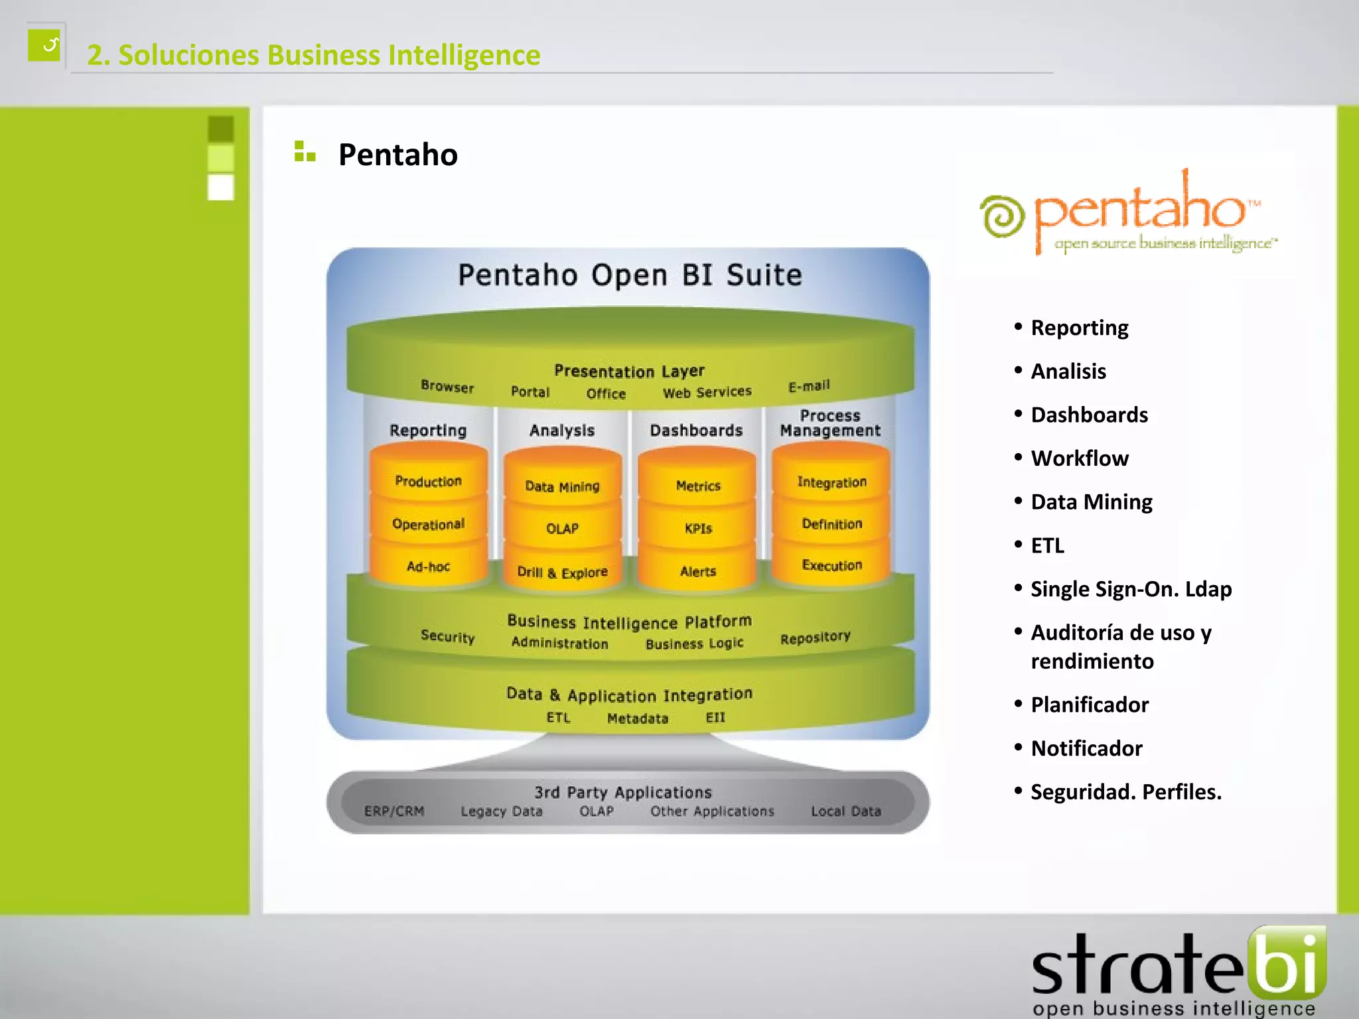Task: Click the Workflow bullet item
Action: click(1079, 458)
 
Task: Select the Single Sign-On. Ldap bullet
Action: click(1131, 589)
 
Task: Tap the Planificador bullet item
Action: click(1089, 705)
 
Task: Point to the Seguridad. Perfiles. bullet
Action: click(1125, 792)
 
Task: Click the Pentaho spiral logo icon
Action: click(1002, 216)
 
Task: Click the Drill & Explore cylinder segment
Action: click(562, 572)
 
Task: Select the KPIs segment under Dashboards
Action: click(697, 529)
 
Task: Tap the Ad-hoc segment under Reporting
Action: click(428, 567)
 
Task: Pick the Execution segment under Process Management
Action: click(831, 565)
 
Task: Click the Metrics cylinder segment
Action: click(697, 486)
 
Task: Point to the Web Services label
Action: click(707, 392)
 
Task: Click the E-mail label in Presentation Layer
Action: click(809, 386)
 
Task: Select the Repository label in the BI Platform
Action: click(815, 638)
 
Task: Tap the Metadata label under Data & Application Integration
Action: click(637, 718)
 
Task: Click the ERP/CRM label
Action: click(394, 811)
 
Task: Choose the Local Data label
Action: click(845, 811)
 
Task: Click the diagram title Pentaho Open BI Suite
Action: click(630, 275)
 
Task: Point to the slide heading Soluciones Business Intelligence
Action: click(314, 55)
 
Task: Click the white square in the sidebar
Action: click(221, 187)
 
